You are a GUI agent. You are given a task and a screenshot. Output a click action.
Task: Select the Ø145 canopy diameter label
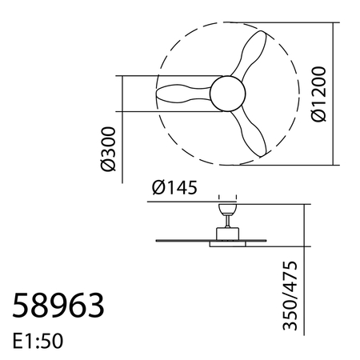coord(174,189)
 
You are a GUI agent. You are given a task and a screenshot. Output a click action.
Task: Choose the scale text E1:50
coord(38,340)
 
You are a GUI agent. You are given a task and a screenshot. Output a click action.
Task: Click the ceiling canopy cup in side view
coord(226,207)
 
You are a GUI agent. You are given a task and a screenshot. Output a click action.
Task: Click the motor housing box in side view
coord(226,232)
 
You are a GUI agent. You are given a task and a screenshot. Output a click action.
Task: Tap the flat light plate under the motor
coord(226,243)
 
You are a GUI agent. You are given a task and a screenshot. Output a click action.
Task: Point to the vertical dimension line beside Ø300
coord(122,128)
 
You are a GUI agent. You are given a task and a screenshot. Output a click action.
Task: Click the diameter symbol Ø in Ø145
coord(158,189)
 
